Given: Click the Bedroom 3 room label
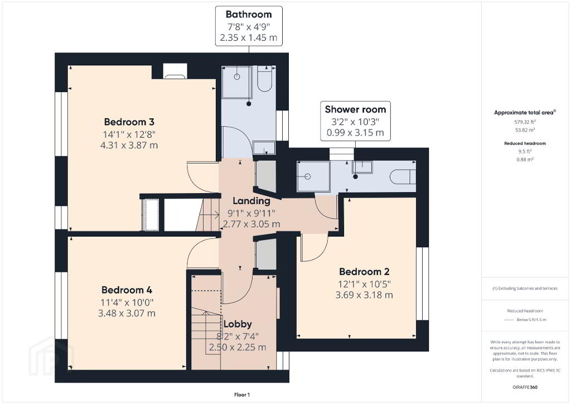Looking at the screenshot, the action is pos(129,122).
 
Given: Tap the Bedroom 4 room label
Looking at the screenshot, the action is pos(127,290).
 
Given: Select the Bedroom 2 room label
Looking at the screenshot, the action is pos(364,272).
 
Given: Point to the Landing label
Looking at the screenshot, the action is pos(251,201).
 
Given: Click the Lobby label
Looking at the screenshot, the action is pos(238,324).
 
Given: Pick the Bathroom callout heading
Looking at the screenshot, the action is pos(249,15).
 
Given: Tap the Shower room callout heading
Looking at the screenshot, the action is pos(355,109).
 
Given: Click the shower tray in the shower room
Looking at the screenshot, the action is pos(313,176).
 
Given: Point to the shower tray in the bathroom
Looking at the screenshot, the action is pos(236,82).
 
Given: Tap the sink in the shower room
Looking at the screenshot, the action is pos(362,167).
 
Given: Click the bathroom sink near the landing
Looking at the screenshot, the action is pos(264,148).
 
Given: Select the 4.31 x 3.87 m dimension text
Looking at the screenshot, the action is pos(129,145).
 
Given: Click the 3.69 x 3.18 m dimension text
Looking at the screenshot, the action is pos(364,295).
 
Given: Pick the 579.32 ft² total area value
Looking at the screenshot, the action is pos(525,122).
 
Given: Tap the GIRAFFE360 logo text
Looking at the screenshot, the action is pos(525,387).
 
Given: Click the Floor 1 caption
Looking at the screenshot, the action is pos(242,395).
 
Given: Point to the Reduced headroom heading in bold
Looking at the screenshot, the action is pos(525,143).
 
